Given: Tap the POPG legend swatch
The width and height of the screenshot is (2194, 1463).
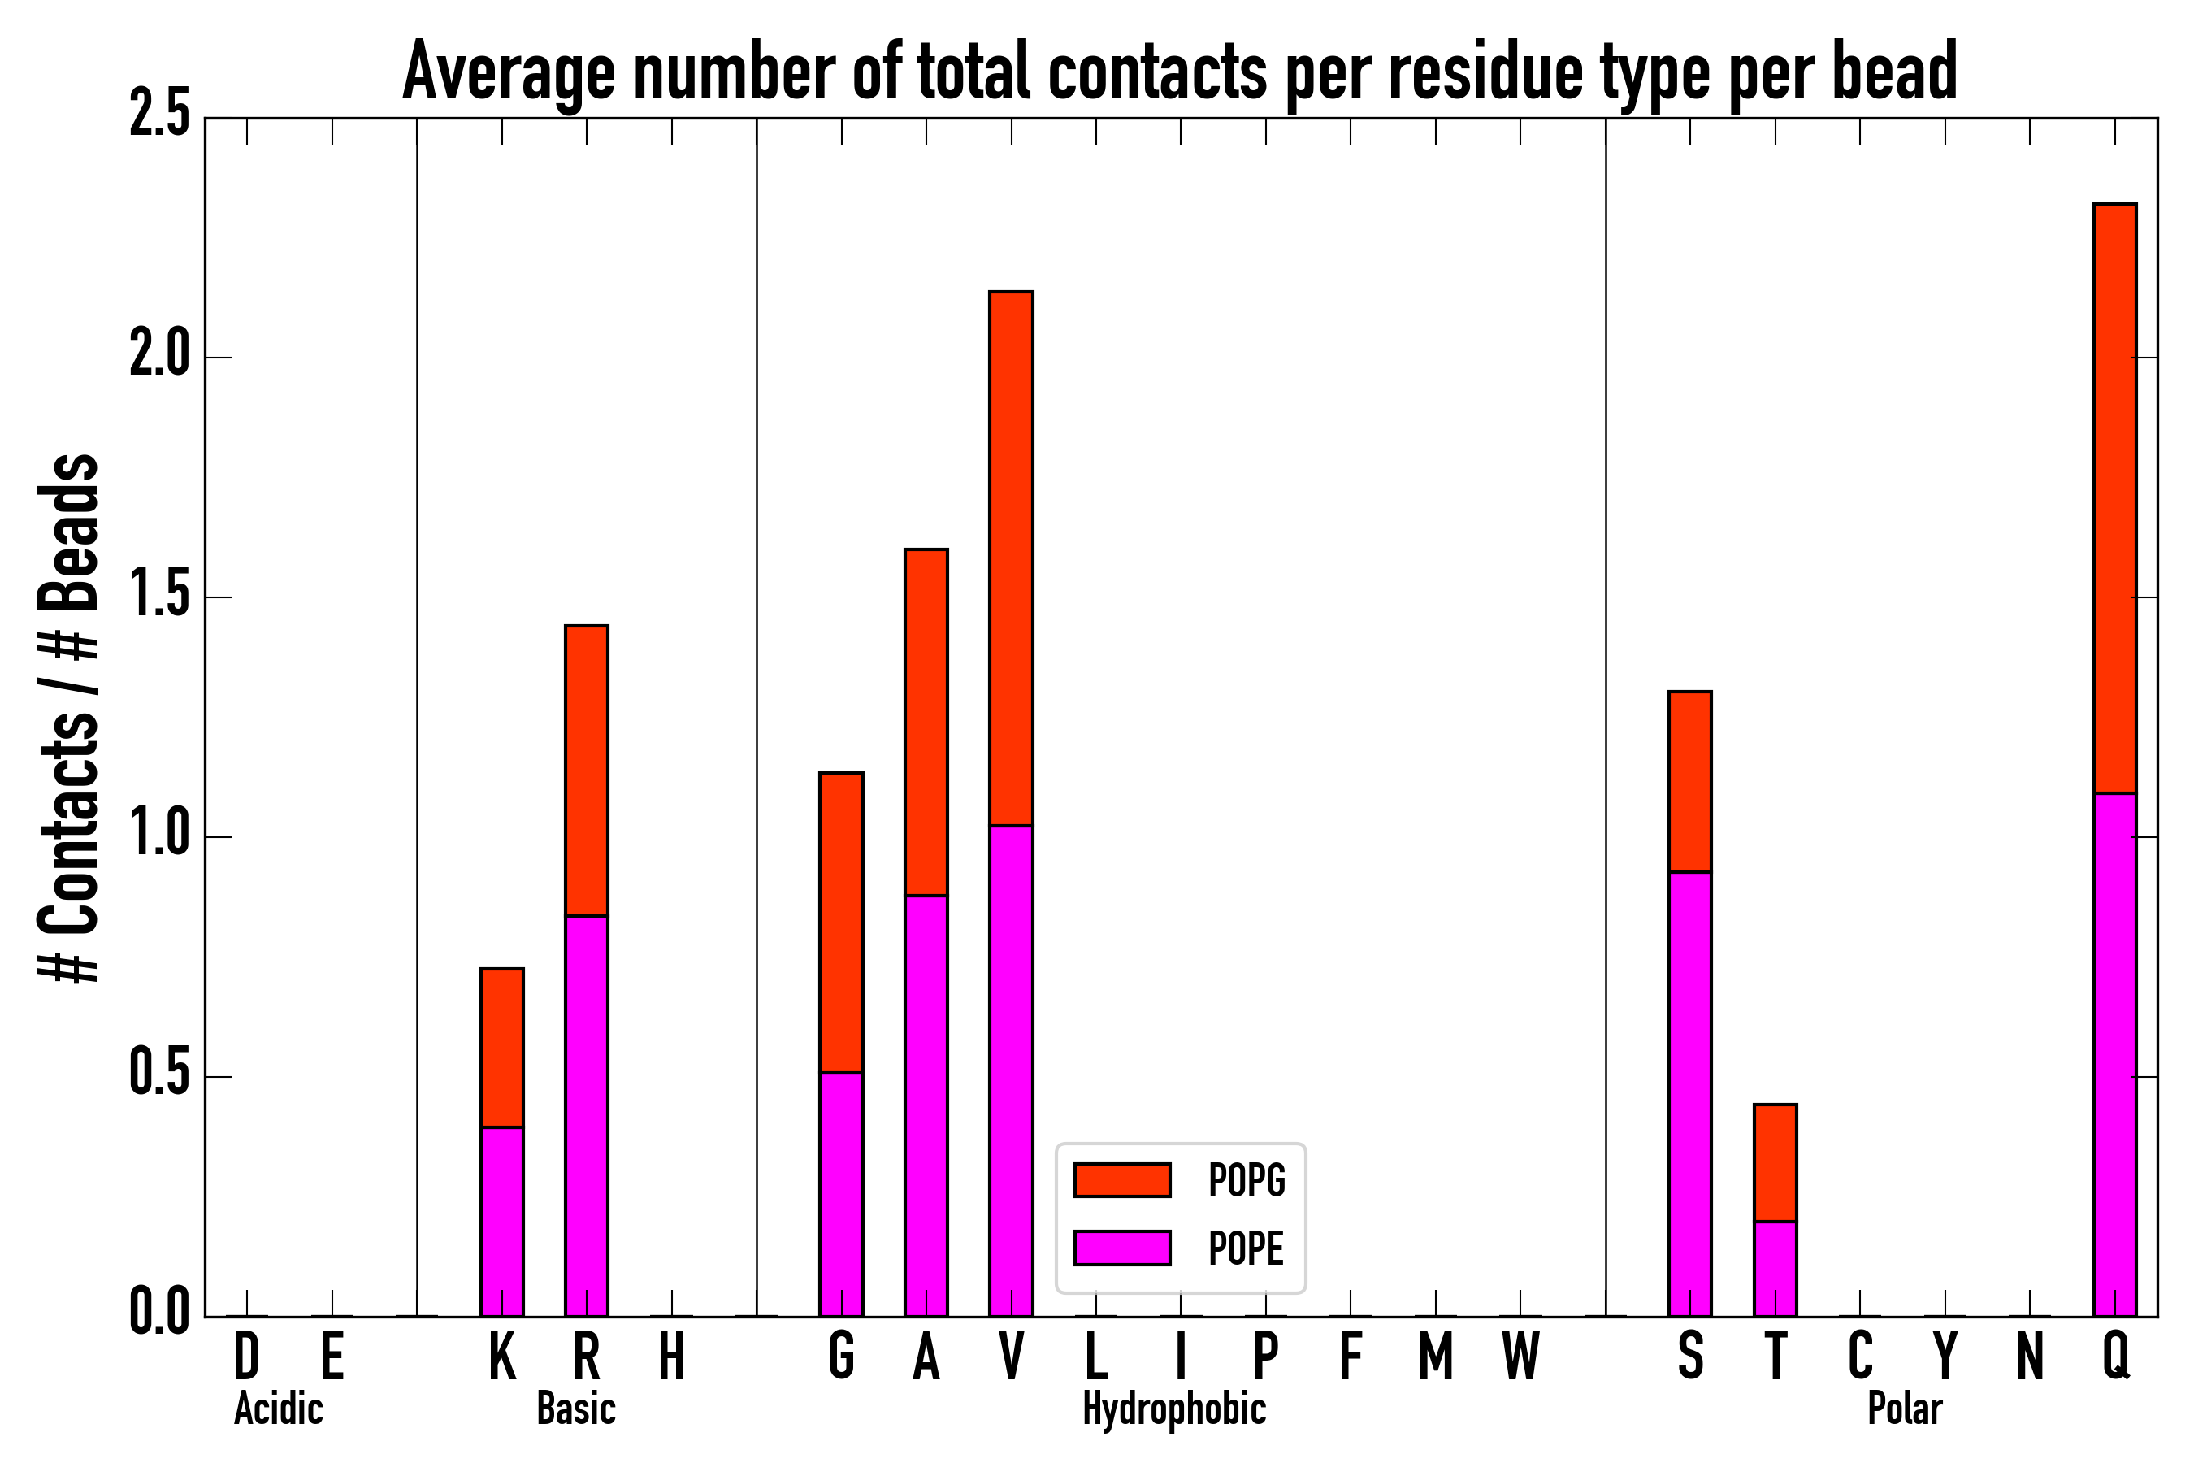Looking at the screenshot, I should (1121, 1179).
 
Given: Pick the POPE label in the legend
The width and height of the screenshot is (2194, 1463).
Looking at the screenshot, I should (1246, 1248).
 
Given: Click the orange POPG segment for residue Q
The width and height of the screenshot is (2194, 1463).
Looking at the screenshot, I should (2114, 498).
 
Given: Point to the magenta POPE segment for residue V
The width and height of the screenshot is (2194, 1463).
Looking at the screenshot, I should (1011, 1070).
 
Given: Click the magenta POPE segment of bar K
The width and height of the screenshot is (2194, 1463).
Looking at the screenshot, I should (502, 1222).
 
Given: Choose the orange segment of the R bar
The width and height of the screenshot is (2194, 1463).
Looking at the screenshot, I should (586, 771).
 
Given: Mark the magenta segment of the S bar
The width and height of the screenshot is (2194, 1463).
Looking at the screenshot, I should (1689, 1093).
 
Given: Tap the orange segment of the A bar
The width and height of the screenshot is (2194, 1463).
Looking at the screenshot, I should (926, 723).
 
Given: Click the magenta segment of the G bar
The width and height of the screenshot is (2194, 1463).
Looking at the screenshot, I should (840, 1194).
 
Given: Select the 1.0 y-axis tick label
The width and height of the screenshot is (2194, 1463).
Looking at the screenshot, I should (158, 836).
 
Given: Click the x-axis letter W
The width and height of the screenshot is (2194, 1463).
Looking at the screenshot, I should (1520, 1356).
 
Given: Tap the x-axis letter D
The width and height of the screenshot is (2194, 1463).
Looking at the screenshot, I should (246, 1356).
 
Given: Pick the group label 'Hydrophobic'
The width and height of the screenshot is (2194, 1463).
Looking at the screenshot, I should (1173, 1409).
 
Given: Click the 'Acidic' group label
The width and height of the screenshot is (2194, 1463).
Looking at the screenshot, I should (278, 1409).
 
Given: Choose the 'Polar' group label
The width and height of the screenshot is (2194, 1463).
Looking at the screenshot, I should (1904, 1409).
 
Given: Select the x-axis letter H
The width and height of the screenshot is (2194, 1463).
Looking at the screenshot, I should (672, 1356).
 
